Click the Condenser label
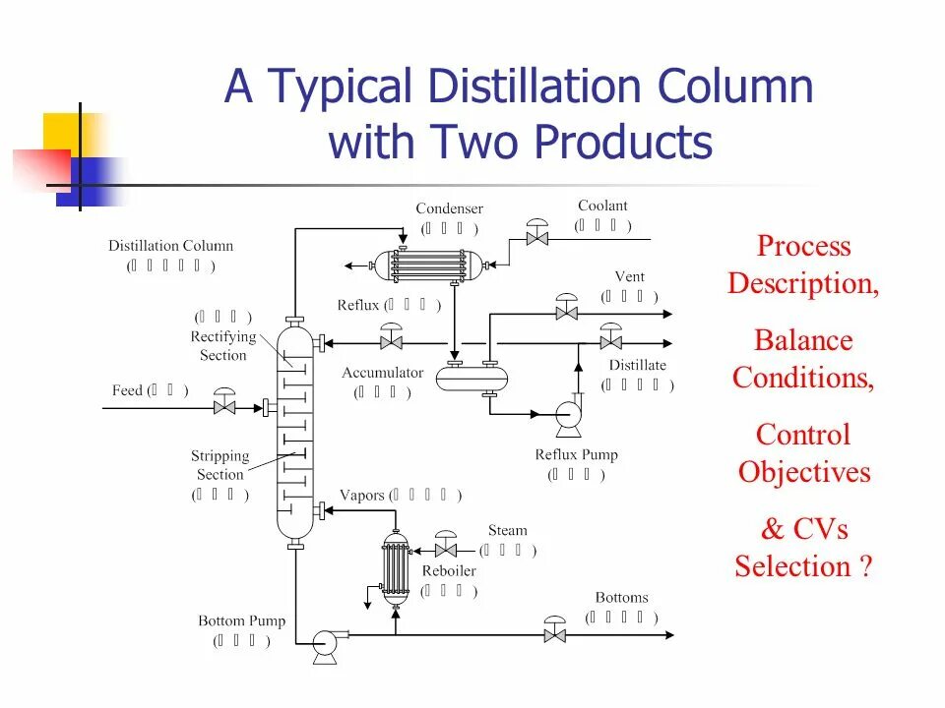tap(449, 208)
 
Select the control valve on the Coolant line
tap(537, 237)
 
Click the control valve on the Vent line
tap(566, 312)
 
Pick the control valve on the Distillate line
tap(610, 341)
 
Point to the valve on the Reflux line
tap(392, 341)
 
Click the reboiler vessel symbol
tap(396, 569)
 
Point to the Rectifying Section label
tap(223, 346)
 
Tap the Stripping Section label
tap(220, 465)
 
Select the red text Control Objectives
tap(804, 453)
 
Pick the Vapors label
tap(361, 495)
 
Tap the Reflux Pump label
tap(576, 455)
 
